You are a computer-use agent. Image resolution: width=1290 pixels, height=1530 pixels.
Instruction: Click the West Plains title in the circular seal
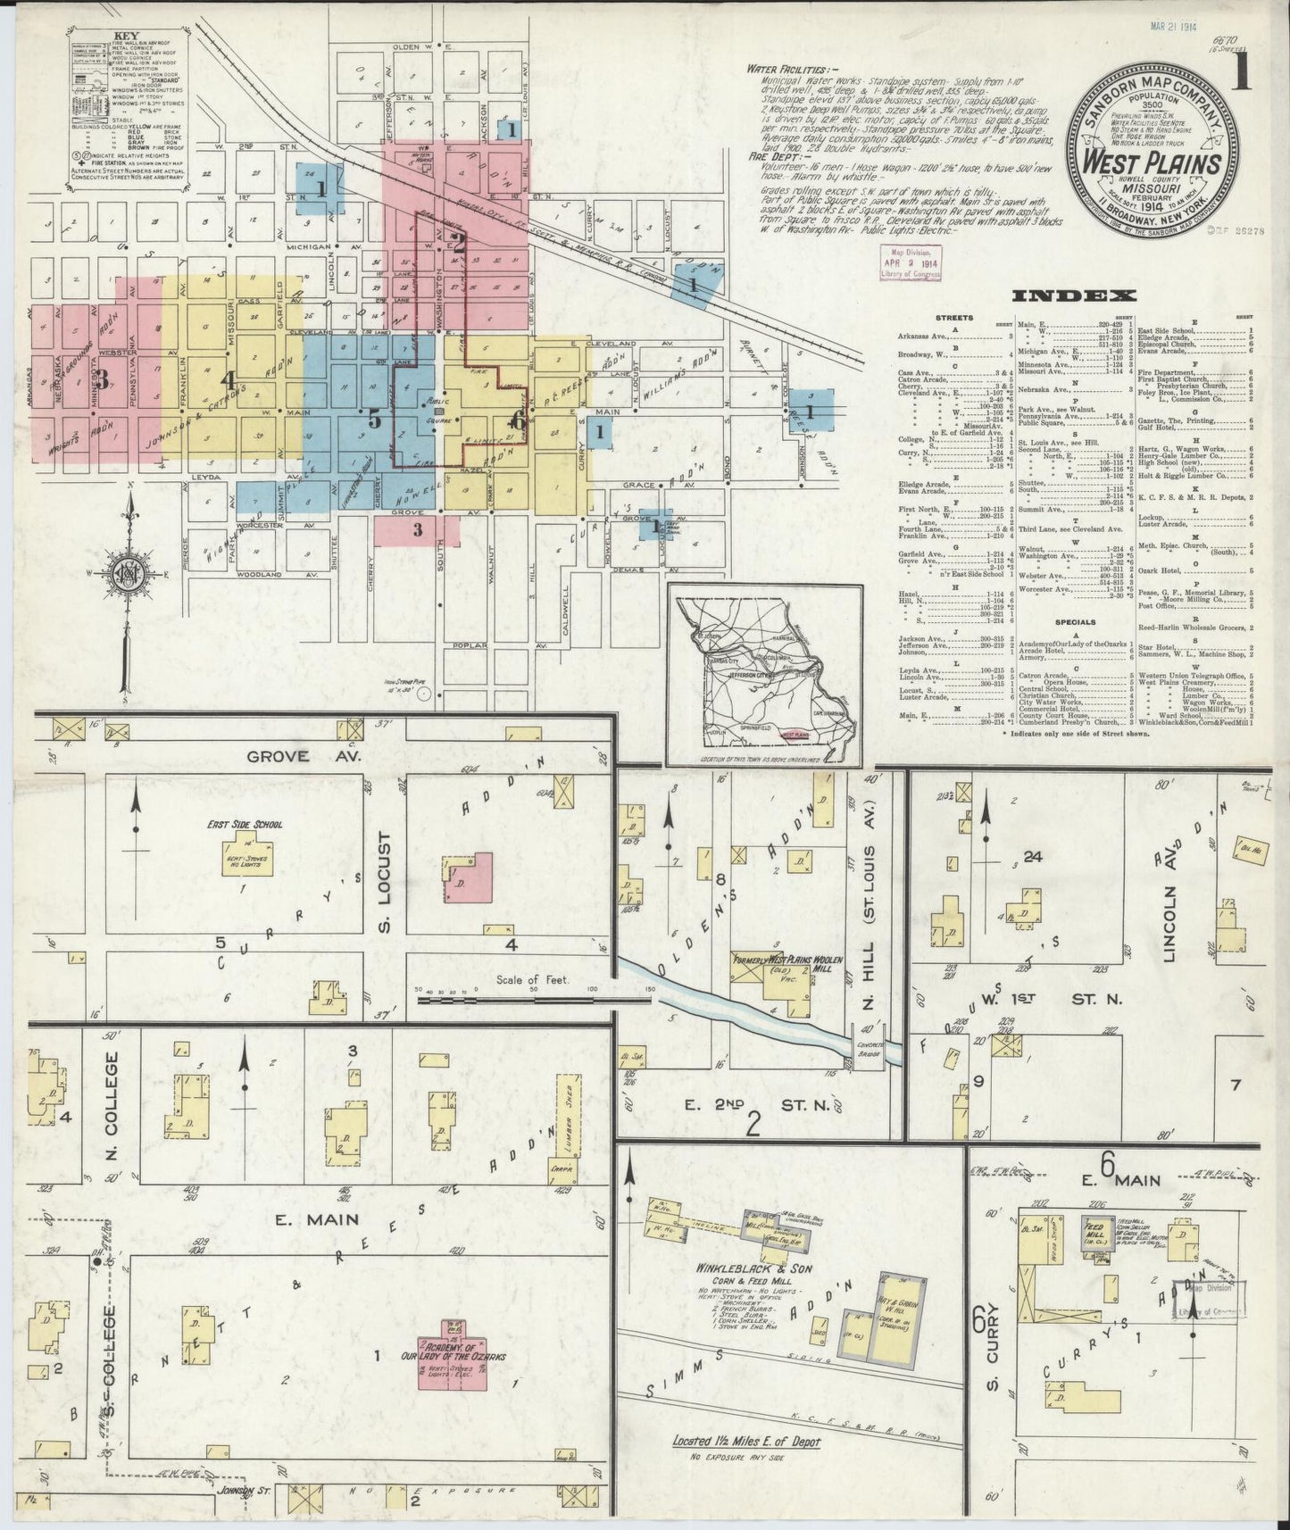pos(1152,165)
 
